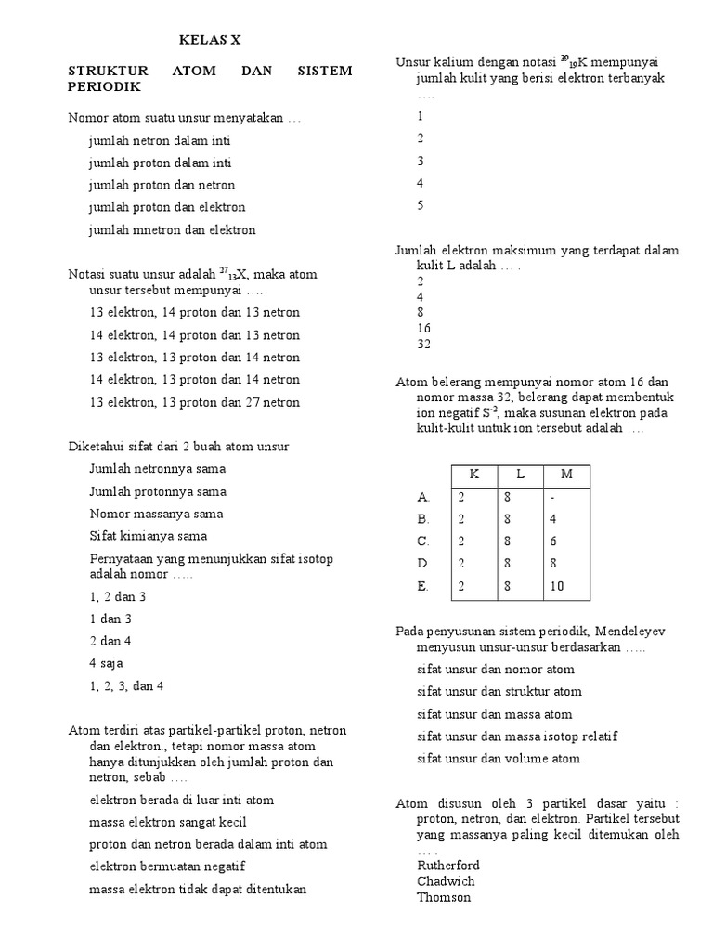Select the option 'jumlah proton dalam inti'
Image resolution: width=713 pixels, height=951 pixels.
[x=160, y=163]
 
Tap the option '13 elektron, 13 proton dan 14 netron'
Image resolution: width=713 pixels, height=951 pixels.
[x=195, y=358]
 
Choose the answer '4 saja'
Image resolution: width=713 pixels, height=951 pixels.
[x=107, y=663]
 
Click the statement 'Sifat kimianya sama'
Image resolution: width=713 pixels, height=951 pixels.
[x=149, y=536]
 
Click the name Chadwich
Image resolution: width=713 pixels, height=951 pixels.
[x=447, y=881]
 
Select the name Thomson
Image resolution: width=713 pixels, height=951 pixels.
[x=444, y=897]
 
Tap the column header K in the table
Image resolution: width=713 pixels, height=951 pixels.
[x=474, y=475]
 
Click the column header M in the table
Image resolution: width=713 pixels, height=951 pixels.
[x=567, y=475]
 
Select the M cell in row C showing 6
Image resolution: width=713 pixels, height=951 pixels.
[x=555, y=541]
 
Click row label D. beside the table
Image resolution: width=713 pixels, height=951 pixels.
[x=424, y=564]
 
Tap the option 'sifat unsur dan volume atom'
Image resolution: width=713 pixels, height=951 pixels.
[x=499, y=759]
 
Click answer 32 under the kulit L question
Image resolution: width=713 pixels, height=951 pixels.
[x=424, y=344]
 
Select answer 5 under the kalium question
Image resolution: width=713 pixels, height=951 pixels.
[x=421, y=205]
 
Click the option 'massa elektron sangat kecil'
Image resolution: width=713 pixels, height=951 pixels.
[x=168, y=822]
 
